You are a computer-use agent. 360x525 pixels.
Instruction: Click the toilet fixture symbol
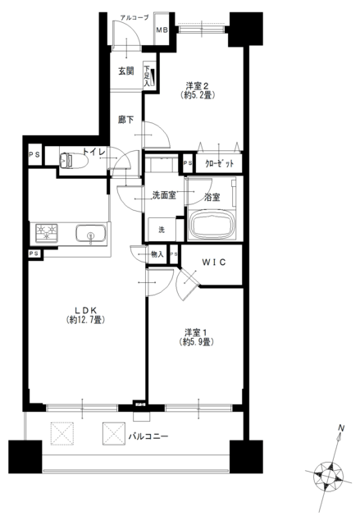click(x=73, y=160)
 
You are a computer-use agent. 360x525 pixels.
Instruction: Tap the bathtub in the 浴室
click(x=212, y=226)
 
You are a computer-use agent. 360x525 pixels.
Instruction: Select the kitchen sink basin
click(x=90, y=233)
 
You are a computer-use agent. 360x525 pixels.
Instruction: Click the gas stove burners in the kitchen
click(x=47, y=233)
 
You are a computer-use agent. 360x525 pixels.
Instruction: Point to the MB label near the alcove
click(x=162, y=30)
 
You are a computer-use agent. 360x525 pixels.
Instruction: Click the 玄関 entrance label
click(x=126, y=71)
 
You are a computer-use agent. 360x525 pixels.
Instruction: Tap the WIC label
click(x=214, y=262)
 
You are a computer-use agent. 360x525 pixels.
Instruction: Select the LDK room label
click(x=85, y=309)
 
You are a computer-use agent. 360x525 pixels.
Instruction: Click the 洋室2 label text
click(x=198, y=85)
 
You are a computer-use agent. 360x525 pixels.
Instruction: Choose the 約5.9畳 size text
click(x=196, y=342)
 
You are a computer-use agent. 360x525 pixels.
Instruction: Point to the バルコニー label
click(x=148, y=436)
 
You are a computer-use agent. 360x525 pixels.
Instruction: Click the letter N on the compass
click(x=341, y=427)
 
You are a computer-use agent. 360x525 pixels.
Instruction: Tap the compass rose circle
click(x=329, y=477)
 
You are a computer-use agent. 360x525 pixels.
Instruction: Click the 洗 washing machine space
click(x=162, y=230)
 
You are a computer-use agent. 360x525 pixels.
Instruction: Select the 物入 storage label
click(x=157, y=254)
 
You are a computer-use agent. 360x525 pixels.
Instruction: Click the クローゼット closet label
click(x=219, y=164)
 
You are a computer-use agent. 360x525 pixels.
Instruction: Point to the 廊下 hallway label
click(x=125, y=119)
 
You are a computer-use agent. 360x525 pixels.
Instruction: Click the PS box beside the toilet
click(x=34, y=155)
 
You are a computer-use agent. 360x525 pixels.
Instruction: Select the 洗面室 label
click(x=164, y=195)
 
